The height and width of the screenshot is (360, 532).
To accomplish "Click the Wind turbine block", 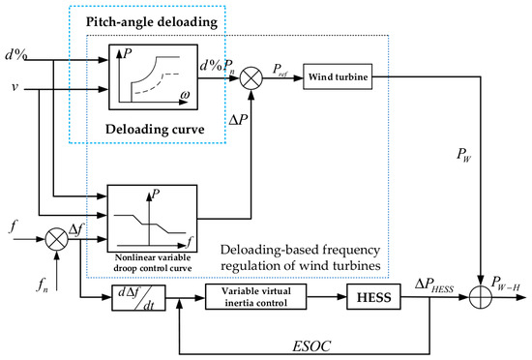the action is pos(338,76).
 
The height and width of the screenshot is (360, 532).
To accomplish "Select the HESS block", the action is pos(373,297).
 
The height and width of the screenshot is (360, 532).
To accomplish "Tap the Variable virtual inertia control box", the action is pos(255,297).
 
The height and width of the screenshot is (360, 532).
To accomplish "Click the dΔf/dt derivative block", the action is pos(138,297).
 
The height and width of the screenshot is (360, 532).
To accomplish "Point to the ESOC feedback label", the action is pos(311,346).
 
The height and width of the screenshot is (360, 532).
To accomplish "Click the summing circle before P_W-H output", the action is pos(481,297).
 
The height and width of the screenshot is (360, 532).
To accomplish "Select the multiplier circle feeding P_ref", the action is pos(251,78).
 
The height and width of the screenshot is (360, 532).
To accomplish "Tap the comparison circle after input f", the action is pos(57,239).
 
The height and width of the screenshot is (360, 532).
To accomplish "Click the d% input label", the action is pos(15,54).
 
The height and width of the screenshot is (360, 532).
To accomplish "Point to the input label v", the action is pos(15,87).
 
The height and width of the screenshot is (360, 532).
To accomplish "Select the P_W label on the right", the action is pos(463,155).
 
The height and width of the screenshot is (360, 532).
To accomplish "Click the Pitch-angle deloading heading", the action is pos(152,22).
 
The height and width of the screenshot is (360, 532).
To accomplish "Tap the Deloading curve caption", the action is pos(155,130).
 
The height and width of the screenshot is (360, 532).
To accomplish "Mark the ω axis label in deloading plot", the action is pos(185,94).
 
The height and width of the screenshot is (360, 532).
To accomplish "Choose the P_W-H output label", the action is pos(506,283).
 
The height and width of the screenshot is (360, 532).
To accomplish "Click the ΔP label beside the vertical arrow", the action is pos(238,120).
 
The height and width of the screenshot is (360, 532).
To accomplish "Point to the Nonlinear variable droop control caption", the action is pos(153,263).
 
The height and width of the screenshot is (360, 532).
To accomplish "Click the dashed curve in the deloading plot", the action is pos(155,84).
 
